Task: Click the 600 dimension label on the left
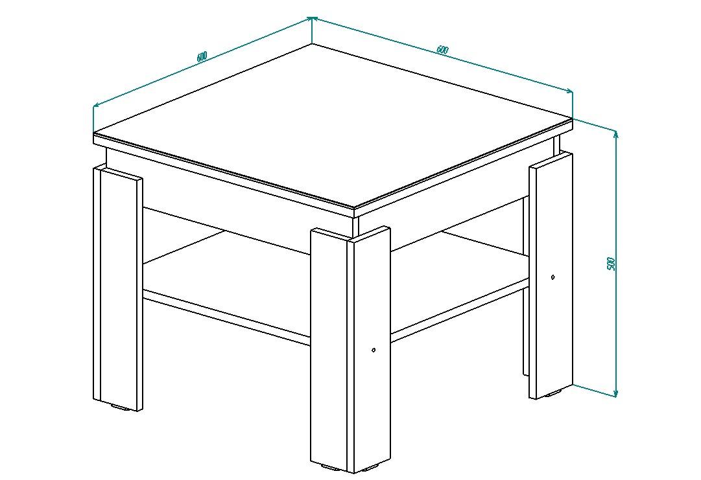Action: (202, 57)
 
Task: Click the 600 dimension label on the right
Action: (442, 49)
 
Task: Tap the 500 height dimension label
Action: (612, 264)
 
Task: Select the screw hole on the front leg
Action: (374, 350)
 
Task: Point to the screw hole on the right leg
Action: (553, 277)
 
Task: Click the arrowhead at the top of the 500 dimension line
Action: (616, 134)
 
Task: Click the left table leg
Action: (117, 288)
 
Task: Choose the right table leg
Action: (551, 275)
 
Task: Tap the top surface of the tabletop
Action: (333, 126)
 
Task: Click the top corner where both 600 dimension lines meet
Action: (312, 18)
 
